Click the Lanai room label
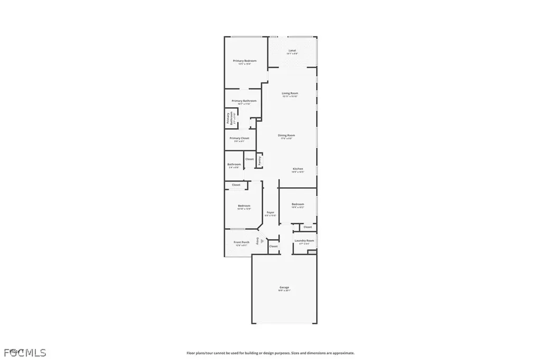292,51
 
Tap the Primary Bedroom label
245,61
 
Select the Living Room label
290,93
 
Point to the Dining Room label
287,135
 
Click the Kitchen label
298,169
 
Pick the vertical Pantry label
259,160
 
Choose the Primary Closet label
239,138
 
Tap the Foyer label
270,212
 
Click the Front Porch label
241,242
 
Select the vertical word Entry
257,241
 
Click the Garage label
284,287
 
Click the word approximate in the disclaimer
343,353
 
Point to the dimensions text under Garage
284,291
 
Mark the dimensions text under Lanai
292,54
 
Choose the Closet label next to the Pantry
249,159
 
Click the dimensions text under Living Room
290,96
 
